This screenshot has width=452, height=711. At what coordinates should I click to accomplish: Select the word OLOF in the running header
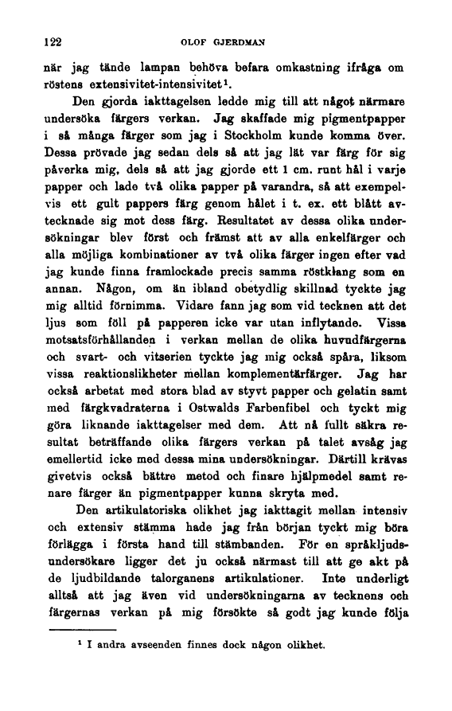pyautogui.click(x=197, y=41)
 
